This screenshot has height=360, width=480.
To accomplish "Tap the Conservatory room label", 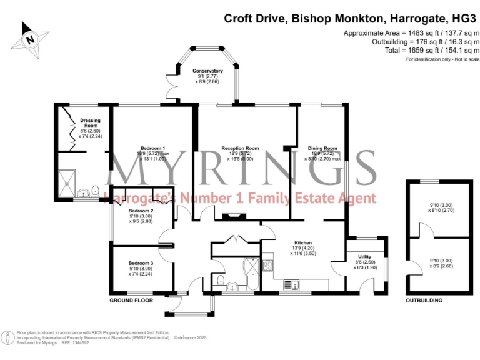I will [x=207, y=71].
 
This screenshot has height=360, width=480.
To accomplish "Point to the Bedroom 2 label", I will [x=141, y=211].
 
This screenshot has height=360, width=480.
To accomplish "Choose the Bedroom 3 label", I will [x=141, y=263].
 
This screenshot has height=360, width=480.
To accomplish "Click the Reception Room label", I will [x=240, y=148].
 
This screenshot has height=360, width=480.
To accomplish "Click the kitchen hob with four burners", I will [x=267, y=266].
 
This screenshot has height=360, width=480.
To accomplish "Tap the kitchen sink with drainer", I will [x=292, y=285].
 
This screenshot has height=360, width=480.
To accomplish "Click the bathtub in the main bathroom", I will [x=253, y=275].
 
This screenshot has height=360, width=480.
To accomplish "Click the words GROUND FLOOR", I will [x=131, y=300].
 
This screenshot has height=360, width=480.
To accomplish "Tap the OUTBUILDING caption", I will [x=424, y=300].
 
